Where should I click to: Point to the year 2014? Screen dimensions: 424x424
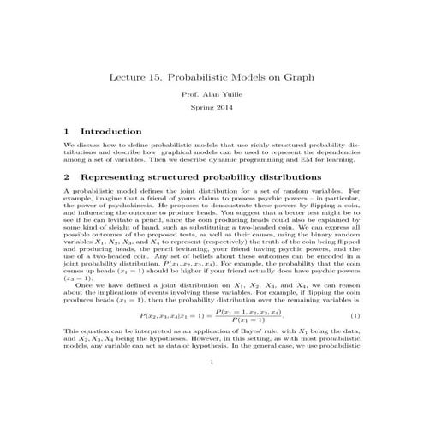click(x=225, y=112)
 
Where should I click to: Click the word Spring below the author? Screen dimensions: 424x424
click(x=199, y=112)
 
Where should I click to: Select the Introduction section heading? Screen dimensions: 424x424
click(x=110, y=132)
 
